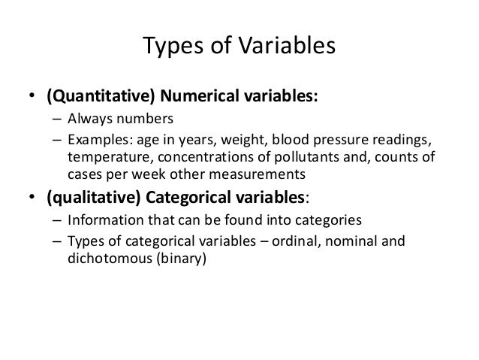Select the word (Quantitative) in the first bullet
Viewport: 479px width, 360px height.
click(88, 97)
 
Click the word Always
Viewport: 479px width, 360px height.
click(89, 119)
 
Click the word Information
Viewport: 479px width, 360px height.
click(101, 222)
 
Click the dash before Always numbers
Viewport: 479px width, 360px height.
click(57, 119)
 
